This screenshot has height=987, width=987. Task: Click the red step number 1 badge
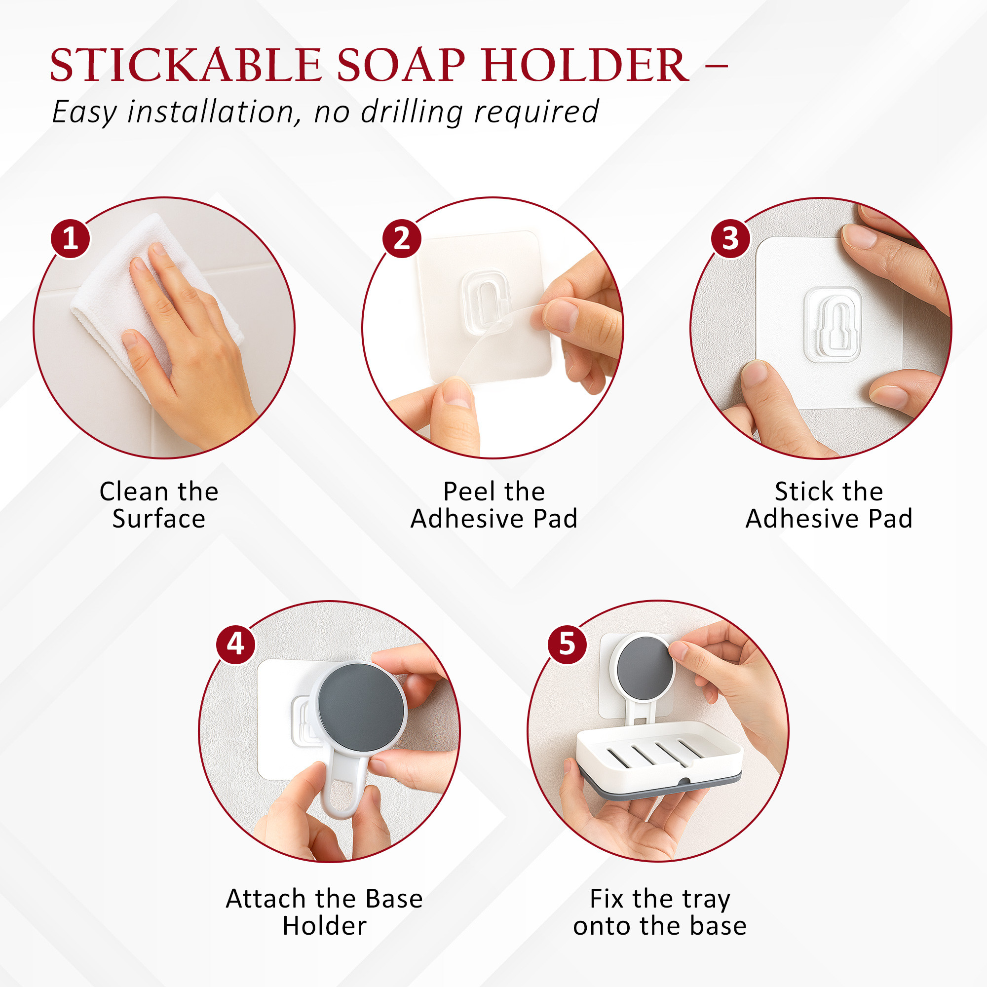pyautogui.click(x=70, y=238)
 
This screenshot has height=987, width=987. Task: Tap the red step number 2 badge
pyautogui.click(x=402, y=238)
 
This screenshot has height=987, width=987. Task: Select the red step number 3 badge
pyautogui.click(x=730, y=238)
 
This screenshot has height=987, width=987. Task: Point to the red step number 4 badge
pyautogui.click(x=235, y=644)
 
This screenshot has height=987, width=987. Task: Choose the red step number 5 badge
pyautogui.click(x=567, y=644)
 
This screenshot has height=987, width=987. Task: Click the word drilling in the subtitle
pyautogui.click(x=411, y=112)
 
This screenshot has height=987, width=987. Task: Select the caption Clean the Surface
pyautogui.click(x=159, y=505)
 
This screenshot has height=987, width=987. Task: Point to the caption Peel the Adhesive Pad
pyautogui.click(x=493, y=505)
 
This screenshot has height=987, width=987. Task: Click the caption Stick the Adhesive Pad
pyautogui.click(x=829, y=505)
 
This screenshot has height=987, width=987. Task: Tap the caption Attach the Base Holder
pyautogui.click(x=324, y=912)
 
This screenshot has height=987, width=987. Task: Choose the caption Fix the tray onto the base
pyautogui.click(x=659, y=912)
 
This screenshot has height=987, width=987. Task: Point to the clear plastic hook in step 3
pyautogui.click(x=833, y=324)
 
